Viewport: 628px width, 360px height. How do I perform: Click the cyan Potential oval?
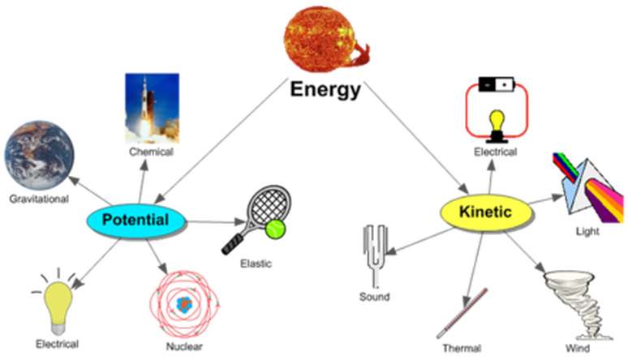click(x=135, y=220)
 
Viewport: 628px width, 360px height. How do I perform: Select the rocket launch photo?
click(x=151, y=108)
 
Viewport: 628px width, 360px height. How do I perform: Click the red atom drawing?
click(x=183, y=302)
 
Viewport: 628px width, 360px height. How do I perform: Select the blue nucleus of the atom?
click(x=183, y=303)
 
